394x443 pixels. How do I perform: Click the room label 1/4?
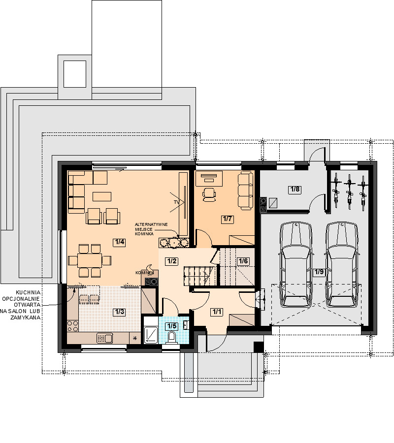pos(119,242)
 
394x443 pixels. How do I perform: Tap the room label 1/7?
pos(228,219)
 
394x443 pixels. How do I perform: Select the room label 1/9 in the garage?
pos(319,272)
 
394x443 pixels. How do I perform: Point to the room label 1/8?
pos(295,189)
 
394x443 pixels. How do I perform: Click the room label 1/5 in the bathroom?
pos(172,326)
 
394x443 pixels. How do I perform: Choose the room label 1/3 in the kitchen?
pos(119,312)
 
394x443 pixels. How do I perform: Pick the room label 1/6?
pos(243,261)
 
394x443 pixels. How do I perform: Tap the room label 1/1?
pos(217,312)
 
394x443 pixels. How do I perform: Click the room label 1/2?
pos(172,261)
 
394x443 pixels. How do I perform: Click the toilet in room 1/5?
pos(171,337)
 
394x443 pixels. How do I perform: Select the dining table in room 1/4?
pos(90,260)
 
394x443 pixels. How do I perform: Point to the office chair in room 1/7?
pos(209,194)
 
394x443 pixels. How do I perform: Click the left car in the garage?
pos(295,264)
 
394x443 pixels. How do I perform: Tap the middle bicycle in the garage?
pos(350,191)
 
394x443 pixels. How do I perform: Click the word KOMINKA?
pos(144,234)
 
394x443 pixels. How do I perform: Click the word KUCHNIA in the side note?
pos(28,292)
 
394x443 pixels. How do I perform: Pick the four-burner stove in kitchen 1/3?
pos(73,326)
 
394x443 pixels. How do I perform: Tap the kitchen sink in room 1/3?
pos(105,338)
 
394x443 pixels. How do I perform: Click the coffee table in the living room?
pos(102,196)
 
